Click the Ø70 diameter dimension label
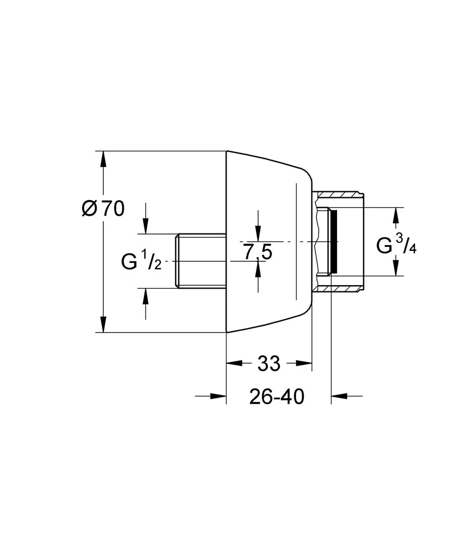click(103, 209)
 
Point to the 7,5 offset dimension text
click(258, 253)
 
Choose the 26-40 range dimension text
click(277, 396)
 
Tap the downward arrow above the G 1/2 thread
click(145, 226)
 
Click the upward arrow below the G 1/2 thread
click(145, 296)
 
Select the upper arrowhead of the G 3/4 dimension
click(396, 215)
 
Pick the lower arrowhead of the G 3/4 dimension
click(396, 269)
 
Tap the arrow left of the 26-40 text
click(218, 396)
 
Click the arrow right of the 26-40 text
click(339, 396)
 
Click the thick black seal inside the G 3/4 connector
click(332, 242)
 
